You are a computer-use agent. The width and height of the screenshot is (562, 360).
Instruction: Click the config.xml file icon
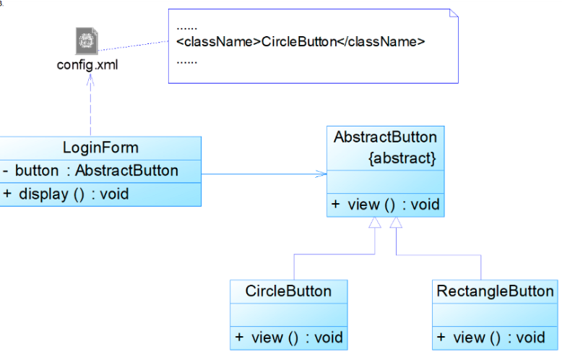coord(87,41)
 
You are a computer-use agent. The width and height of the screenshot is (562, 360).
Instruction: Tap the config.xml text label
coord(87,65)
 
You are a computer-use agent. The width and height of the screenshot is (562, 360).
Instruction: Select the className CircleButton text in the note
coord(301,42)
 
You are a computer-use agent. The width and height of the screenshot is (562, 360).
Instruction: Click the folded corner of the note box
coord(454,13)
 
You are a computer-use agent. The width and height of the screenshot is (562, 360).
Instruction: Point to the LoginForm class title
coord(100,147)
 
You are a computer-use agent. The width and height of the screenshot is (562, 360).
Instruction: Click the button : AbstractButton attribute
coord(90,171)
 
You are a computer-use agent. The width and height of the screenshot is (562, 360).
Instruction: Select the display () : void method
coord(66,194)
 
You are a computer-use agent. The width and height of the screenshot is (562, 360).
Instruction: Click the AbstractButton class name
coord(385,137)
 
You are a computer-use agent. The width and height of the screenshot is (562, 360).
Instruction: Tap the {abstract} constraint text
coord(402,158)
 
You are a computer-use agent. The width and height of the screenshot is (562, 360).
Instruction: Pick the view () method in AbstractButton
coord(385,205)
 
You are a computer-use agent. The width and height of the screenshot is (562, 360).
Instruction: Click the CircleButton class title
coord(288,291)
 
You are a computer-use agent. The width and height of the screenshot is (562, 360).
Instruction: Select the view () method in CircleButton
coord(288,338)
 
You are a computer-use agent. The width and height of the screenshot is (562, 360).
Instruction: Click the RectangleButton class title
coord(495,291)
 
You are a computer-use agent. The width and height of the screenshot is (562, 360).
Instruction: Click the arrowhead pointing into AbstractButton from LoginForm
coord(321,174)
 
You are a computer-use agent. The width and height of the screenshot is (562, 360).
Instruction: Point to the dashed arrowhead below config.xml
coord(90,80)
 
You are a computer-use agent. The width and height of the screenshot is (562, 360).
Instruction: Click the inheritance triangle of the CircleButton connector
coord(375,223)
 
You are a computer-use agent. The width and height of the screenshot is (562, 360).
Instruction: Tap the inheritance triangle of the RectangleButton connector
coord(396,223)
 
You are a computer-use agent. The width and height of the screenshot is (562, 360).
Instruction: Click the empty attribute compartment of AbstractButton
coord(385,182)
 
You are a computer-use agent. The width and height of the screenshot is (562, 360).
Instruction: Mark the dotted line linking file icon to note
coord(134,46)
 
